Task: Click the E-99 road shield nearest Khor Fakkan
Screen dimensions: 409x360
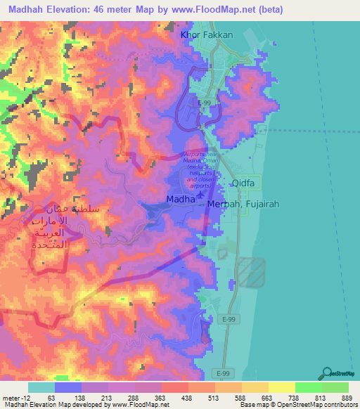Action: (x=205, y=103)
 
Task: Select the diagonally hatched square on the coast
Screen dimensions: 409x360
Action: (x=250, y=271)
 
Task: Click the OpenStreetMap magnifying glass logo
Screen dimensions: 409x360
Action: (x=327, y=373)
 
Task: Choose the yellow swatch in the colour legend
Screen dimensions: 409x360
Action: (x=281, y=387)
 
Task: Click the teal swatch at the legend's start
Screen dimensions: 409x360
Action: (x=41, y=387)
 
